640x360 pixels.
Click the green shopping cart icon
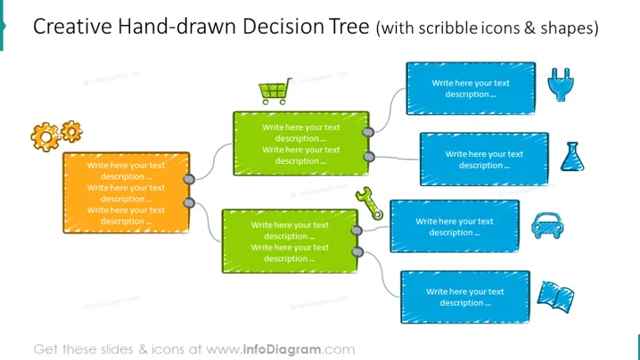(275, 92)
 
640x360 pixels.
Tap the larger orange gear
(45, 137)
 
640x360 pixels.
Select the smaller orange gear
(72, 131)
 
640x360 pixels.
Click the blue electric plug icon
(561, 85)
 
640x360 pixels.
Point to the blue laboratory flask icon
(572, 156)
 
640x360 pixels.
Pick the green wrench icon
(369, 203)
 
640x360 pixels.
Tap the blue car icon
(547, 225)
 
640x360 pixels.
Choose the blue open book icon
(555, 297)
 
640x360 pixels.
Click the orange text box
(127, 193)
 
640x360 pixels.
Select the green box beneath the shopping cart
(301, 143)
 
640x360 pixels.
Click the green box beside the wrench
(291, 241)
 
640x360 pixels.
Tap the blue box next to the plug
(471, 88)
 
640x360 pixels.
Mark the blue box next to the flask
(485, 160)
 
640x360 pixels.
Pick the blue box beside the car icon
(455, 226)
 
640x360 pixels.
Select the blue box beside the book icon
(465, 297)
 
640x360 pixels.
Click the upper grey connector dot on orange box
(189, 179)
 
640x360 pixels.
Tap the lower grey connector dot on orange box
(189, 202)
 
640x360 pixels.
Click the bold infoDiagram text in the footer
(282, 349)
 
